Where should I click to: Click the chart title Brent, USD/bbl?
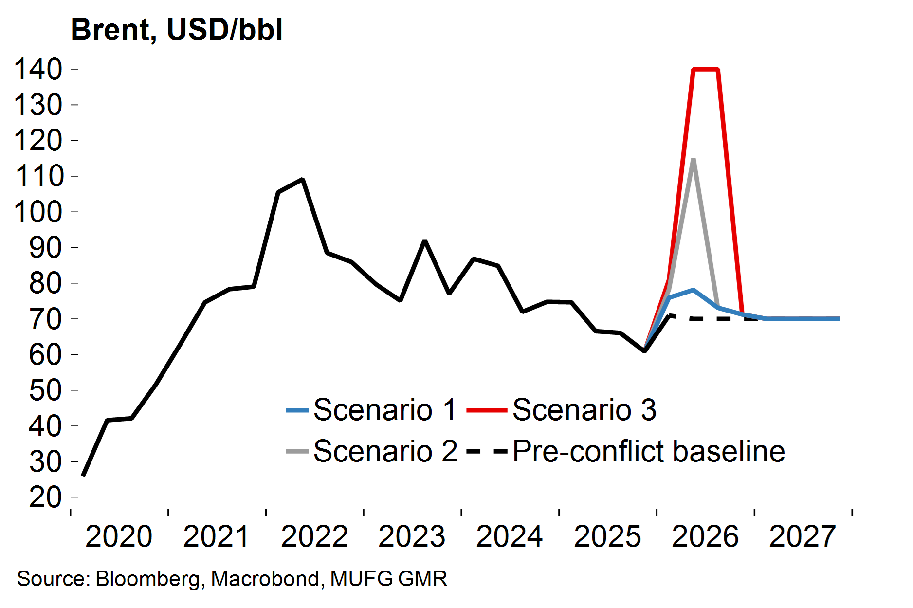point(177,30)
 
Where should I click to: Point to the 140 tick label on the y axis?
point(38,69)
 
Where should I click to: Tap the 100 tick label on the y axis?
point(38,212)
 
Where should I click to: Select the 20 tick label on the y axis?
point(45,497)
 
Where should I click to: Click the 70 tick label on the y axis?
point(45,319)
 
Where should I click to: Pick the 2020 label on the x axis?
point(119,536)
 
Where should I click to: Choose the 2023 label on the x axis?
point(412,536)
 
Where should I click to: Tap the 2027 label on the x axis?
point(803,536)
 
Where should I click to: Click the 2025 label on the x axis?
point(607,536)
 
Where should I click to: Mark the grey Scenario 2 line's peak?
point(693,160)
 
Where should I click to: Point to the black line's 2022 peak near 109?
point(302,180)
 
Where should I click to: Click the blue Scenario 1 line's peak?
point(693,290)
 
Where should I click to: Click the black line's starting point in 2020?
point(83,475)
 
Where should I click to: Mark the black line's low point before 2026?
point(644,350)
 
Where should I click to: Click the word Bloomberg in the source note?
point(147,579)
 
